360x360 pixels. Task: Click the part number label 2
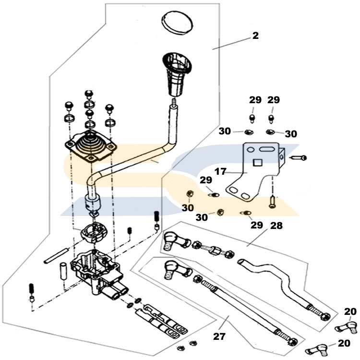tap(255, 36)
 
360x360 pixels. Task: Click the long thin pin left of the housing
tap(58, 255)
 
